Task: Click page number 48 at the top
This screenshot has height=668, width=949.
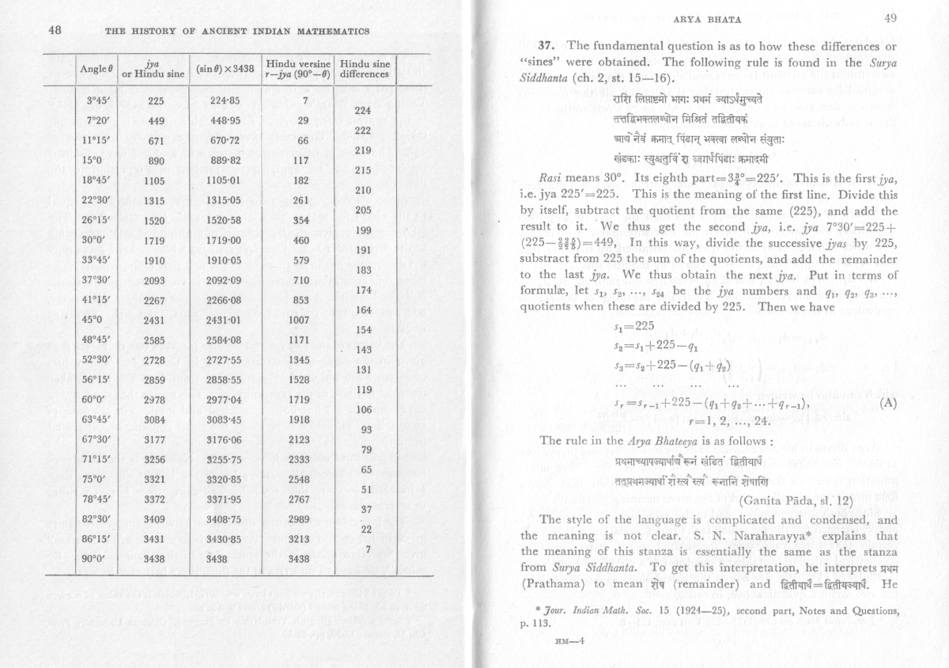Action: pyautogui.click(x=55, y=31)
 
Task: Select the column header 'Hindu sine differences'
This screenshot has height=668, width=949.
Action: pyautogui.click(x=364, y=69)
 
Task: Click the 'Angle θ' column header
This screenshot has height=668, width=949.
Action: pyautogui.click(x=96, y=69)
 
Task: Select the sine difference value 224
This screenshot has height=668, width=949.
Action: pyautogui.click(x=364, y=111)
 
